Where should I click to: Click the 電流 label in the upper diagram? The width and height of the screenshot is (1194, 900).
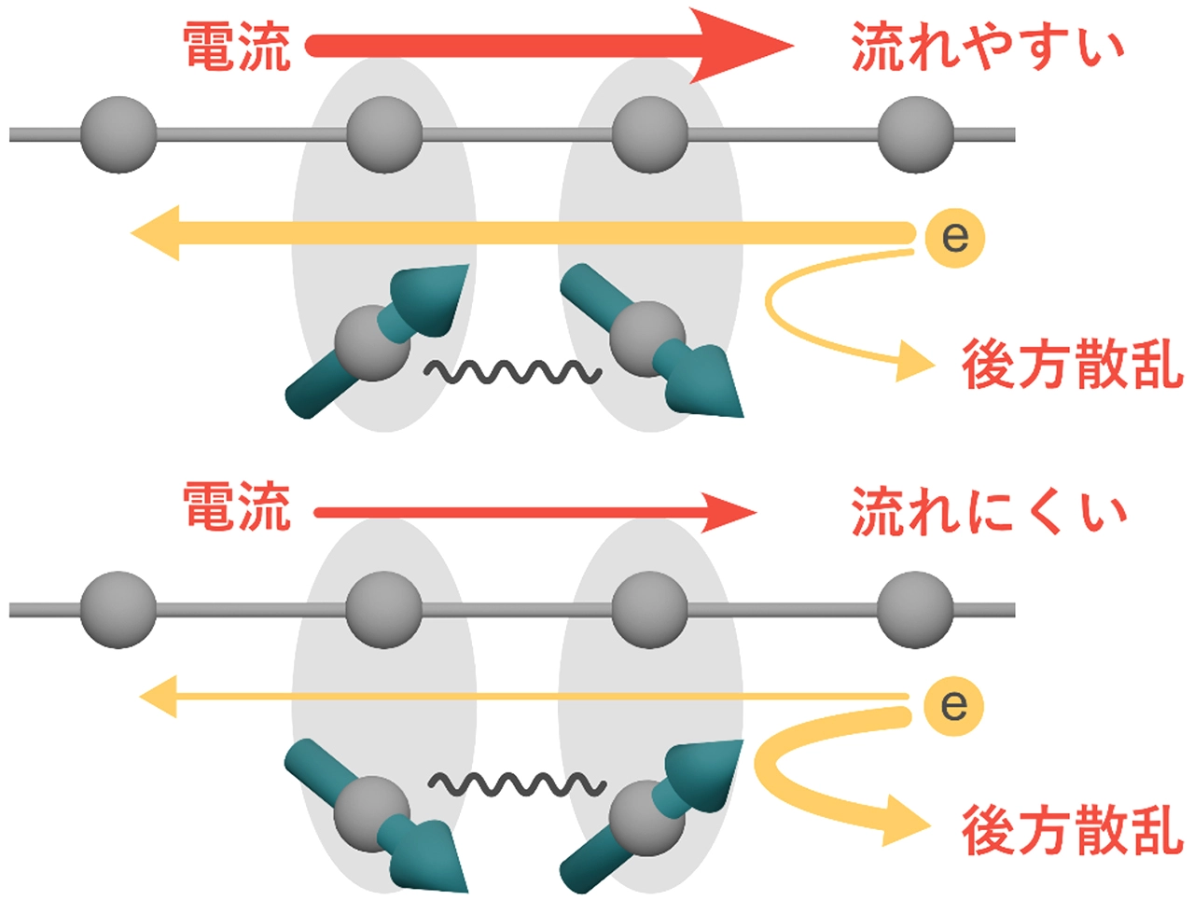[237, 47]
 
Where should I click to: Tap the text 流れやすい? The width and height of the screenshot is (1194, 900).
[987, 47]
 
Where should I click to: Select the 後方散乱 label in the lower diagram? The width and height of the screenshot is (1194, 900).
[1072, 830]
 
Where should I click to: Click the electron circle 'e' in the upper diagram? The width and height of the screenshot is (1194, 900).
[955, 238]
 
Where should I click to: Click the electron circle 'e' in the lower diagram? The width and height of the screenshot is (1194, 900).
[953, 706]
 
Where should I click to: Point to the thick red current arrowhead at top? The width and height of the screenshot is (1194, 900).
[741, 46]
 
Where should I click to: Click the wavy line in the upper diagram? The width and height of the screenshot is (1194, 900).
[513, 372]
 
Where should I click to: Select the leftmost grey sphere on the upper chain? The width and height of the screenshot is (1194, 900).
[118, 135]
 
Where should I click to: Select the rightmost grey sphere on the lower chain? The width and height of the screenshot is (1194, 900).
[915, 610]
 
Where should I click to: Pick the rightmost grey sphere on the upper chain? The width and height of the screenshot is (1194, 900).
[915, 135]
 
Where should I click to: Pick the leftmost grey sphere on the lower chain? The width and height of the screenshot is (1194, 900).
[118, 610]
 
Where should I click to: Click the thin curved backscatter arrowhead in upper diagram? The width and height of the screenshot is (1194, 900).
[915, 361]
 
